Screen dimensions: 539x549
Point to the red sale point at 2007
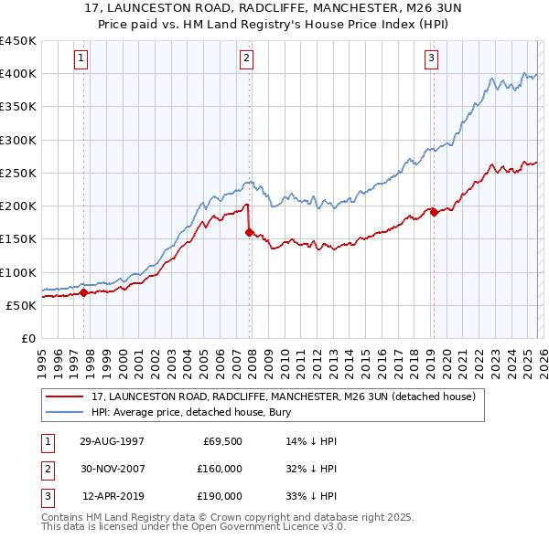coord(249,232)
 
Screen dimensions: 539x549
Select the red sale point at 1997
coord(83,293)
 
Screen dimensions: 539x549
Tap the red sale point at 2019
coord(433,213)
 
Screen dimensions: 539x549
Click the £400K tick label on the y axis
coord(17,74)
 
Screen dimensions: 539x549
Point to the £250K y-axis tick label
coord(17,174)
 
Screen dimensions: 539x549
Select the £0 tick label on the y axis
coord(27,339)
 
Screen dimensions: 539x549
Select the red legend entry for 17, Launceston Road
coord(283,397)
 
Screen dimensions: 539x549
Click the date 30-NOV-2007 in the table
coord(112,468)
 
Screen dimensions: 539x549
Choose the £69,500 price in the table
coord(221,440)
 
